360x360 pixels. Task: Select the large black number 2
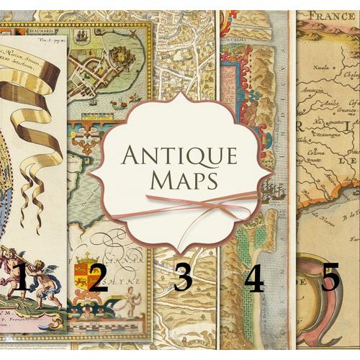tap(98, 277)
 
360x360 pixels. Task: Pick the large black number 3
tap(182, 278)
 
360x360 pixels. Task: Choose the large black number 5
tap(330, 276)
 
